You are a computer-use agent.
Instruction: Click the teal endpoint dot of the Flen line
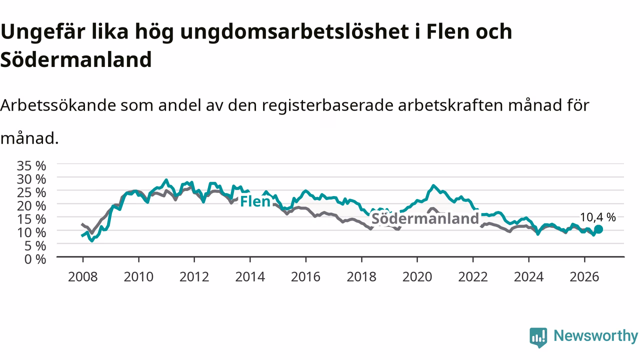pyautogui.click(x=598, y=229)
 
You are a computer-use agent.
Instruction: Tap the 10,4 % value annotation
pyautogui.click(x=597, y=217)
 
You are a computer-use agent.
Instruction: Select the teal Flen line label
pyautogui.click(x=255, y=201)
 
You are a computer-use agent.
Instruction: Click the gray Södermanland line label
pyautogui.click(x=425, y=219)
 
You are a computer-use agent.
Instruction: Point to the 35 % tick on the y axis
pyautogui.click(x=31, y=165)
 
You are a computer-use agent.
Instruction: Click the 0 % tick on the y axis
pyautogui.click(x=35, y=259)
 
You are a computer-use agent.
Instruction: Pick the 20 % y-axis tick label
pyautogui.click(x=31, y=205)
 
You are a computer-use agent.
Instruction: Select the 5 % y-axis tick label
pyautogui.click(x=35, y=246)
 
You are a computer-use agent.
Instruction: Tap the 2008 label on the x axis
pyautogui.click(x=83, y=277)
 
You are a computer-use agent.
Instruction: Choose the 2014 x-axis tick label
pyautogui.click(x=250, y=277)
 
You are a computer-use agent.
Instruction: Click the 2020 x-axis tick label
pyautogui.click(x=417, y=277)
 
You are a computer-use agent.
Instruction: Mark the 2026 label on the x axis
pyautogui.click(x=584, y=277)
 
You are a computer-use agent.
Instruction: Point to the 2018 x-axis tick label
pyautogui.click(x=361, y=277)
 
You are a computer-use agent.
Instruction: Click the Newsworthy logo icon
pyautogui.click(x=538, y=337)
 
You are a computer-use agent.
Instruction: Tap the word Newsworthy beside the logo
pyautogui.click(x=596, y=335)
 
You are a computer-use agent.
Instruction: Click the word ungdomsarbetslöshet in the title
pyautogui.click(x=294, y=32)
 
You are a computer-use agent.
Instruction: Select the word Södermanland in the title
pyautogui.click(x=76, y=59)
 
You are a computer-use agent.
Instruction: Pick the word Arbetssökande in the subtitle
pyautogui.click(x=58, y=105)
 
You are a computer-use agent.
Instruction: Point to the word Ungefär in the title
pyautogui.click(x=43, y=32)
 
